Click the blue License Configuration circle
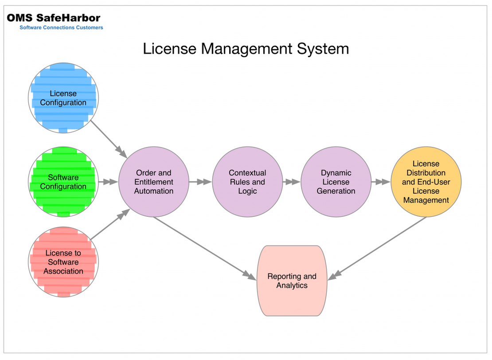coord(63,98)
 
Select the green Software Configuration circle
coord(63,182)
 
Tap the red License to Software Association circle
coord(63,262)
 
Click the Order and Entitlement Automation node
coord(154,182)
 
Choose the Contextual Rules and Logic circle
coord(247,182)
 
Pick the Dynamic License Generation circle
coord(336,182)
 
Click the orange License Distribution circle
coord(426,182)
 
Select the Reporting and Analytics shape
coord(292,281)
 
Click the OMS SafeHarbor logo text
coord(54,18)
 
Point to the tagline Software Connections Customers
coord(61,27)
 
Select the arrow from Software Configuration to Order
coord(108,182)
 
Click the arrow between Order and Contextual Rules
coord(201,182)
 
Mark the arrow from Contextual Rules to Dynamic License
coord(292,182)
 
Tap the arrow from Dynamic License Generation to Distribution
coord(381,182)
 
